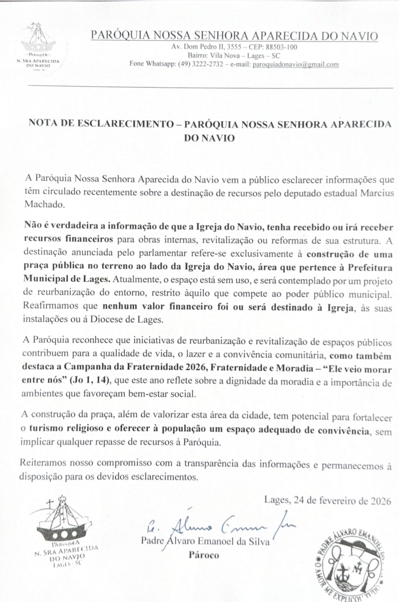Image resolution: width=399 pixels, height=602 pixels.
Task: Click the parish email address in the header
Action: pyautogui.click(x=295, y=64)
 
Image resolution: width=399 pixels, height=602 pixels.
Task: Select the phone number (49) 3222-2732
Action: pyautogui.click(x=200, y=64)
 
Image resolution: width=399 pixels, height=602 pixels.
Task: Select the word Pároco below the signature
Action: pyautogui.click(x=204, y=555)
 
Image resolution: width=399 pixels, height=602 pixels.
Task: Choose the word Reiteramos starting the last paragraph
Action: pyautogui.click(x=43, y=463)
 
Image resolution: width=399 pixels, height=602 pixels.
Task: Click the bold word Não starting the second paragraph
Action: pyautogui.click(x=32, y=226)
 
